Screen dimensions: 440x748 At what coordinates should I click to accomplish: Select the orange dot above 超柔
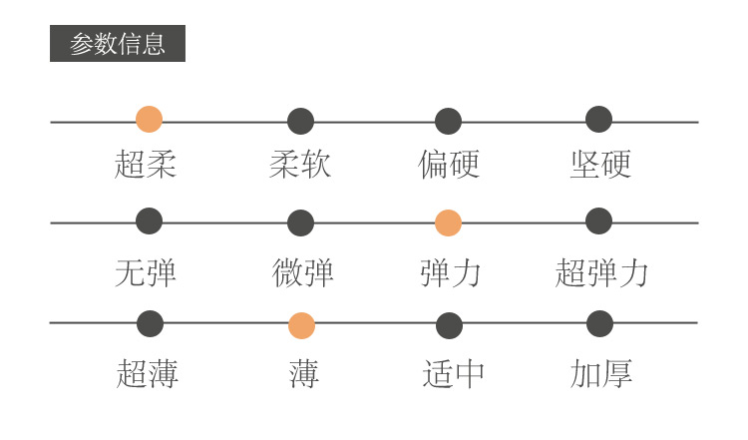click(149, 120)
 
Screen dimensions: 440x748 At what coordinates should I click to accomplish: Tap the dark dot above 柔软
click(300, 122)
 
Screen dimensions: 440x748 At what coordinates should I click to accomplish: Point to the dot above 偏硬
click(448, 122)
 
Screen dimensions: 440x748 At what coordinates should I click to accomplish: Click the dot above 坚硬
click(598, 120)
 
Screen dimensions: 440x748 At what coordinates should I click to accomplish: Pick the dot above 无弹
click(149, 221)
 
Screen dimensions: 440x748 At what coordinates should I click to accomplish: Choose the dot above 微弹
click(300, 223)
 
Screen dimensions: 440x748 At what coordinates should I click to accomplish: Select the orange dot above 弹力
click(448, 223)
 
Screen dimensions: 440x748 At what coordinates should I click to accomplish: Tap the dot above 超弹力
click(598, 221)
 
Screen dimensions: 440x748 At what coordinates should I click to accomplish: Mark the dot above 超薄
click(150, 323)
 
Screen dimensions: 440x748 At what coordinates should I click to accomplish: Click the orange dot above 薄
click(301, 325)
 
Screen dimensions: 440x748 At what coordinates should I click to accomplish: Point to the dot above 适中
click(449, 325)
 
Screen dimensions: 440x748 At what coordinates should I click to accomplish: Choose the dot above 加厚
click(599, 323)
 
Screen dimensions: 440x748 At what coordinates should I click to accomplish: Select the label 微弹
click(302, 272)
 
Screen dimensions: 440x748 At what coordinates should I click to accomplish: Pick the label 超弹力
click(601, 272)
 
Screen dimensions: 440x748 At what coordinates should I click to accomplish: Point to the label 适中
click(453, 374)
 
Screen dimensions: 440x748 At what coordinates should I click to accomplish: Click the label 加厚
click(600, 374)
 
